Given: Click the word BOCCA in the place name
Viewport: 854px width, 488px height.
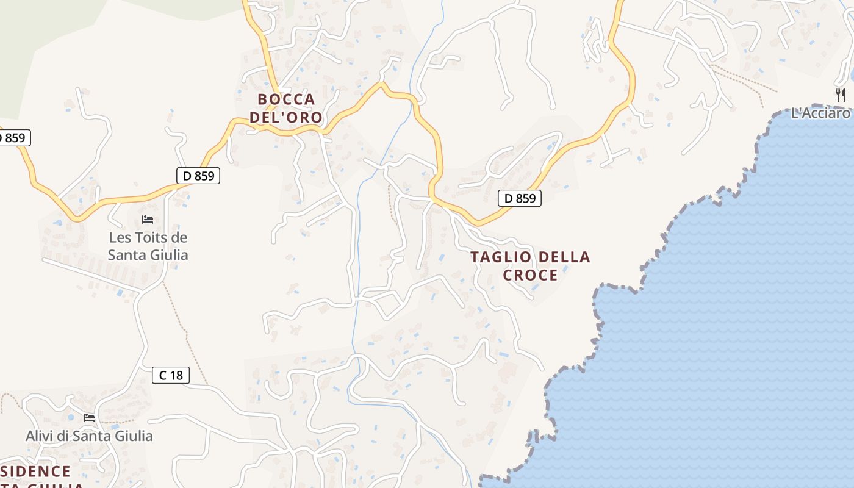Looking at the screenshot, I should (286, 99).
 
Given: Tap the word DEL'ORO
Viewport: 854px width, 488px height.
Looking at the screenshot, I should (286, 117).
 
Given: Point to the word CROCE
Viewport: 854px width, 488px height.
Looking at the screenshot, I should (530, 275).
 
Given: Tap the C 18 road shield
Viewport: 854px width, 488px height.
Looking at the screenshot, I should (171, 375).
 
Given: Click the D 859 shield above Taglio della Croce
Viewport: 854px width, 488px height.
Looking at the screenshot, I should (520, 198).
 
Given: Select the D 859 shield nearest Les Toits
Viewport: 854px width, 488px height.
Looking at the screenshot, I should (198, 176).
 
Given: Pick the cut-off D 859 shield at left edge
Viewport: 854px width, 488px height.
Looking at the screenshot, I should (13, 138).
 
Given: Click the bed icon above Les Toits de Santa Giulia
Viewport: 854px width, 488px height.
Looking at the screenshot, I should (148, 220).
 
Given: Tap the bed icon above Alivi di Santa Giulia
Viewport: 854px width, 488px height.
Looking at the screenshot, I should (89, 418).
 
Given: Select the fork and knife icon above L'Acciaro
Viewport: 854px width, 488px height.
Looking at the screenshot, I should (841, 95).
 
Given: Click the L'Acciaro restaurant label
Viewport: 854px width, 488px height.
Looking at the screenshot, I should (820, 113).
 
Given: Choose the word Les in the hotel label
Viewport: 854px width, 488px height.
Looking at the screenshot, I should (120, 237).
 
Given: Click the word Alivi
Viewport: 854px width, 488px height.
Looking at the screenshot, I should (40, 436).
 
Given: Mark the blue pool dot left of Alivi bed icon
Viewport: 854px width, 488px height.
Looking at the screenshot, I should (71, 418).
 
